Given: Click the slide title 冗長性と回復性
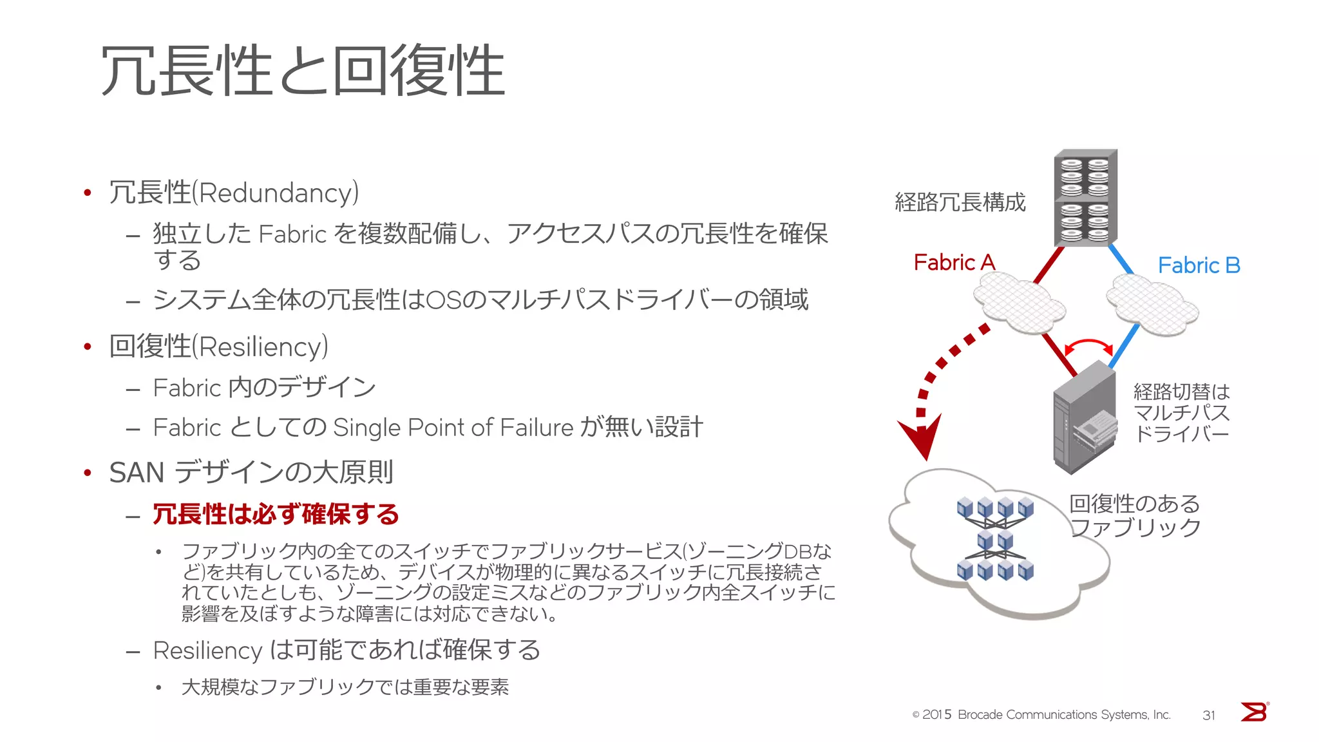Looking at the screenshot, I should pyautogui.click(x=303, y=71).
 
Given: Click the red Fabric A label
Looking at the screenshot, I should pyautogui.click(x=954, y=263).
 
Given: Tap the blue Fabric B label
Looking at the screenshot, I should pyautogui.click(x=1199, y=265).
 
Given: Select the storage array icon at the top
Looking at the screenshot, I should pyautogui.click(x=1085, y=198).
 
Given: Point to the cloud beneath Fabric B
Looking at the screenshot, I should pyautogui.click(x=1152, y=305).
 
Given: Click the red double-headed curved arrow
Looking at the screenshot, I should pyautogui.click(x=1088, y=346).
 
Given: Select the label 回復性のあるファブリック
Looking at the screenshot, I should pyautogui.click(x=1135, y=515).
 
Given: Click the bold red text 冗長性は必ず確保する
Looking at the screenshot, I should pyautogui.click(x=276, y=515).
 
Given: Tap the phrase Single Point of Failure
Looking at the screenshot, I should pyautogui.click(x=453, y=428).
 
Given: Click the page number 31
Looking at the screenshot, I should pyautogui.click(x=1209, y=715).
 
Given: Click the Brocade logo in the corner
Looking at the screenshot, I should pyautogui.click(x=1254, y=712).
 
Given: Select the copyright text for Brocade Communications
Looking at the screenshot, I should pyautogui.click(x=1041, y=715).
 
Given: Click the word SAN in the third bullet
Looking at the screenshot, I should pyautogui.click(x=137, y=473).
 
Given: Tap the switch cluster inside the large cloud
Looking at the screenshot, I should pyautogui.click(x=995, y=540).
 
